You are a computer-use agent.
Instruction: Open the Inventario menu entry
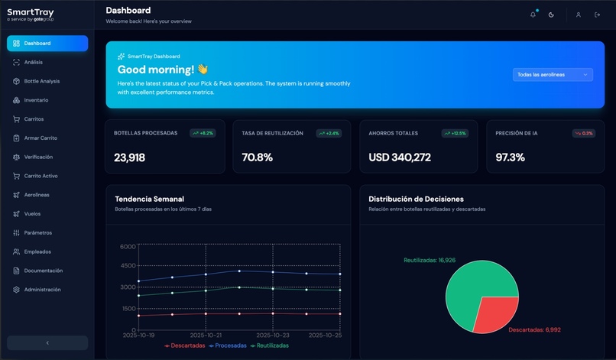click(36, 100)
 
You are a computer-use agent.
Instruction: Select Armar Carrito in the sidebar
click(41, 138)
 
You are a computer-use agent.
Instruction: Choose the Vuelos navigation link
click(32, 214)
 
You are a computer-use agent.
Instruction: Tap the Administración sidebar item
click(42, 290)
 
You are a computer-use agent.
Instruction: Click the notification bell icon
click(533, 15)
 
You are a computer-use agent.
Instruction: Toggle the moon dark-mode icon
click(551, 15)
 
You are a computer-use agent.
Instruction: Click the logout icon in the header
click(597, 15)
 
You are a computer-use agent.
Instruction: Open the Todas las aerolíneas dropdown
click(553, 75)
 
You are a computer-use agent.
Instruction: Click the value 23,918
click(129, 157)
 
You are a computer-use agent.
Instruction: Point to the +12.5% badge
click(455, 133)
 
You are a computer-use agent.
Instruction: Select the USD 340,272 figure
click(400, 157)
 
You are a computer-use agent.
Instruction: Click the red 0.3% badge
click(584, 133)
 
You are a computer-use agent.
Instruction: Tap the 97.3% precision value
click(510, 157)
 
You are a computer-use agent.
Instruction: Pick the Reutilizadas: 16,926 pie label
click(430, 260)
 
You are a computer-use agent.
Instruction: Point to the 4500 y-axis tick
click(128, 266)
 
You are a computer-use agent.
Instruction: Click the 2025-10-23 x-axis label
click(273, 335)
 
